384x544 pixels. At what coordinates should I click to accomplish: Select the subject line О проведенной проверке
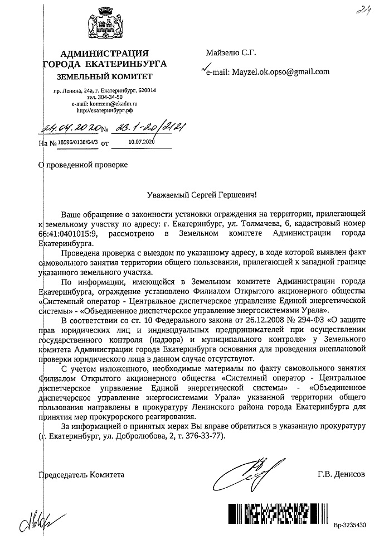point(82,166)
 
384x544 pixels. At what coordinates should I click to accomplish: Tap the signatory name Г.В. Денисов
point(342,475)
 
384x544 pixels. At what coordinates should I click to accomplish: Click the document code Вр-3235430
point(350,525)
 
